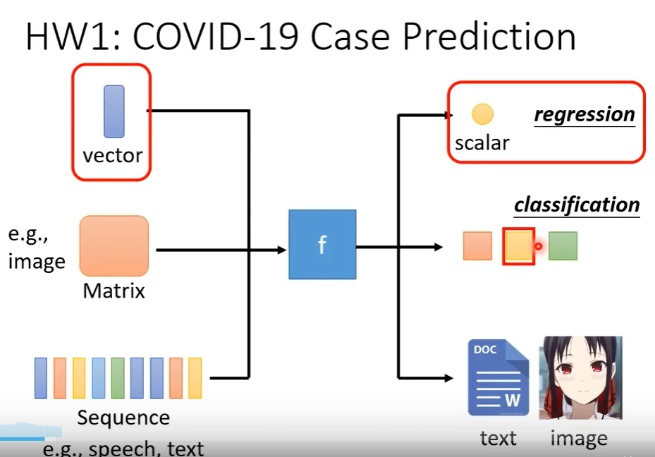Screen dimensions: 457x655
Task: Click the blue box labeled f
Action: pyautogui.click(x=322, y=245)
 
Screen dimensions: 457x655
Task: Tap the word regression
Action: pyautogui.click(x=584, y=114)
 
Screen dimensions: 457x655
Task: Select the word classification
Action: pyautogui.click(x=577, y=205)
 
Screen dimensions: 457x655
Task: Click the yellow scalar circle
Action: pyautogui.click(x=483, y=114)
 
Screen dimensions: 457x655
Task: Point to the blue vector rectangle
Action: pyautogui.click(x=114, y=111)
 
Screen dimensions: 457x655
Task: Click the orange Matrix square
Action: pyautogui.click(x=114, y=245)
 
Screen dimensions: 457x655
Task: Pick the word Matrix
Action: pyautogui.click(x=114, y=291)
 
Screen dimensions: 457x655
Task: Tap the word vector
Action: pyautogui.click(x=113, y=155)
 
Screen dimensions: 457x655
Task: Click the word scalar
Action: pyautogui.click(x=482, y=143)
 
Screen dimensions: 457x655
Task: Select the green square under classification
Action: pyautogui.click(x=563, y=246)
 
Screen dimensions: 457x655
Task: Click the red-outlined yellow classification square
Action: pyautogui.click(x=519, y=246)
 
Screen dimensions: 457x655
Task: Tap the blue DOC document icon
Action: pyautogui.click(x=498, y=378)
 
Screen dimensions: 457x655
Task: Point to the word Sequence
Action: pyautogui.click(x=123, y=418)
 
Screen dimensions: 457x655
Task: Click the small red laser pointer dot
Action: pyautogui.click(x=538, y=246)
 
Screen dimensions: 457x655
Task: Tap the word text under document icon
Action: pyautogui.click(x=498, y=439)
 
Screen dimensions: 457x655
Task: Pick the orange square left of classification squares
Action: pyautogui.click(x=477, y=246)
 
